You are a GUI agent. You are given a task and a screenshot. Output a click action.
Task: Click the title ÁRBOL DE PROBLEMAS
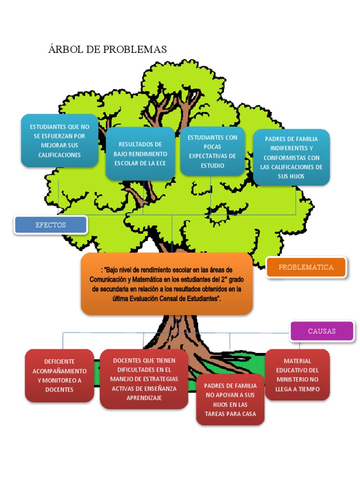[107, 49]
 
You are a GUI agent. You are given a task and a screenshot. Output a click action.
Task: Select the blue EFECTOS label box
[51, 225]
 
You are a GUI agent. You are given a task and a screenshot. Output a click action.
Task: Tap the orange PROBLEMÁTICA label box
[306, 267]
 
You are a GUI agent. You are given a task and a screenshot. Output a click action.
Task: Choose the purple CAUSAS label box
[322, 331]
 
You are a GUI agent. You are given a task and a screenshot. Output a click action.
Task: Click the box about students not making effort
[60, 141]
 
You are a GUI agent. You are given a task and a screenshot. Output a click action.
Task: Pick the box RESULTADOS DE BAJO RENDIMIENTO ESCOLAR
[140, 154]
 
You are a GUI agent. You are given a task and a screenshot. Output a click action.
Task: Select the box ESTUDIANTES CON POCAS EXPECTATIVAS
[212, 151]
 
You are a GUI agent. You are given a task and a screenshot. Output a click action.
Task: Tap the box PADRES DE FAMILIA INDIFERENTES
[291, 157]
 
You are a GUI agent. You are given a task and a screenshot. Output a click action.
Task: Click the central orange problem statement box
[167, 284]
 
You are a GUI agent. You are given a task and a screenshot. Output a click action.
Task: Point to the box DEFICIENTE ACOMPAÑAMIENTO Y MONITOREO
[60, 375]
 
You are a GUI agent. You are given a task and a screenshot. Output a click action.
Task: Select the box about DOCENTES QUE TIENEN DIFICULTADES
[144, 379]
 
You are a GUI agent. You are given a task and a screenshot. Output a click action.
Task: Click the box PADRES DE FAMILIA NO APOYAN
[230, 399]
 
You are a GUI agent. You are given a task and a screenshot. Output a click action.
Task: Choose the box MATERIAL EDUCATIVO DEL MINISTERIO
[297, 375]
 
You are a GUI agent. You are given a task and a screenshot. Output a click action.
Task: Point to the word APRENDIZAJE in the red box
[144, 397]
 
